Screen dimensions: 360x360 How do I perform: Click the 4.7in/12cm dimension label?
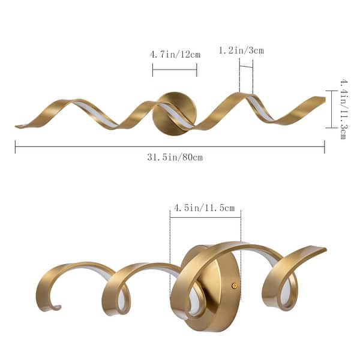click(175, 55)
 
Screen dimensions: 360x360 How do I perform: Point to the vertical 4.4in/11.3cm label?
click(343, 109)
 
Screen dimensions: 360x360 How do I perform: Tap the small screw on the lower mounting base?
click(234, 286)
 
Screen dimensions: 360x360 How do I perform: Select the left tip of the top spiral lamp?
click(18, 126)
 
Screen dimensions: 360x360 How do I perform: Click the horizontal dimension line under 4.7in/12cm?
click(175, 70)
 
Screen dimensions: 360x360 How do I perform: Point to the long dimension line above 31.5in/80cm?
click(170, 147)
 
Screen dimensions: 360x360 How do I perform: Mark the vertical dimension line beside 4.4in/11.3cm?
click(329, 109)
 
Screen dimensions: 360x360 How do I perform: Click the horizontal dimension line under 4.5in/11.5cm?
click(205, 217)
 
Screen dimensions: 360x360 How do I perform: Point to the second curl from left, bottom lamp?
click(120, 288)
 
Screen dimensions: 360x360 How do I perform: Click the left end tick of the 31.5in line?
click(15, 147)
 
